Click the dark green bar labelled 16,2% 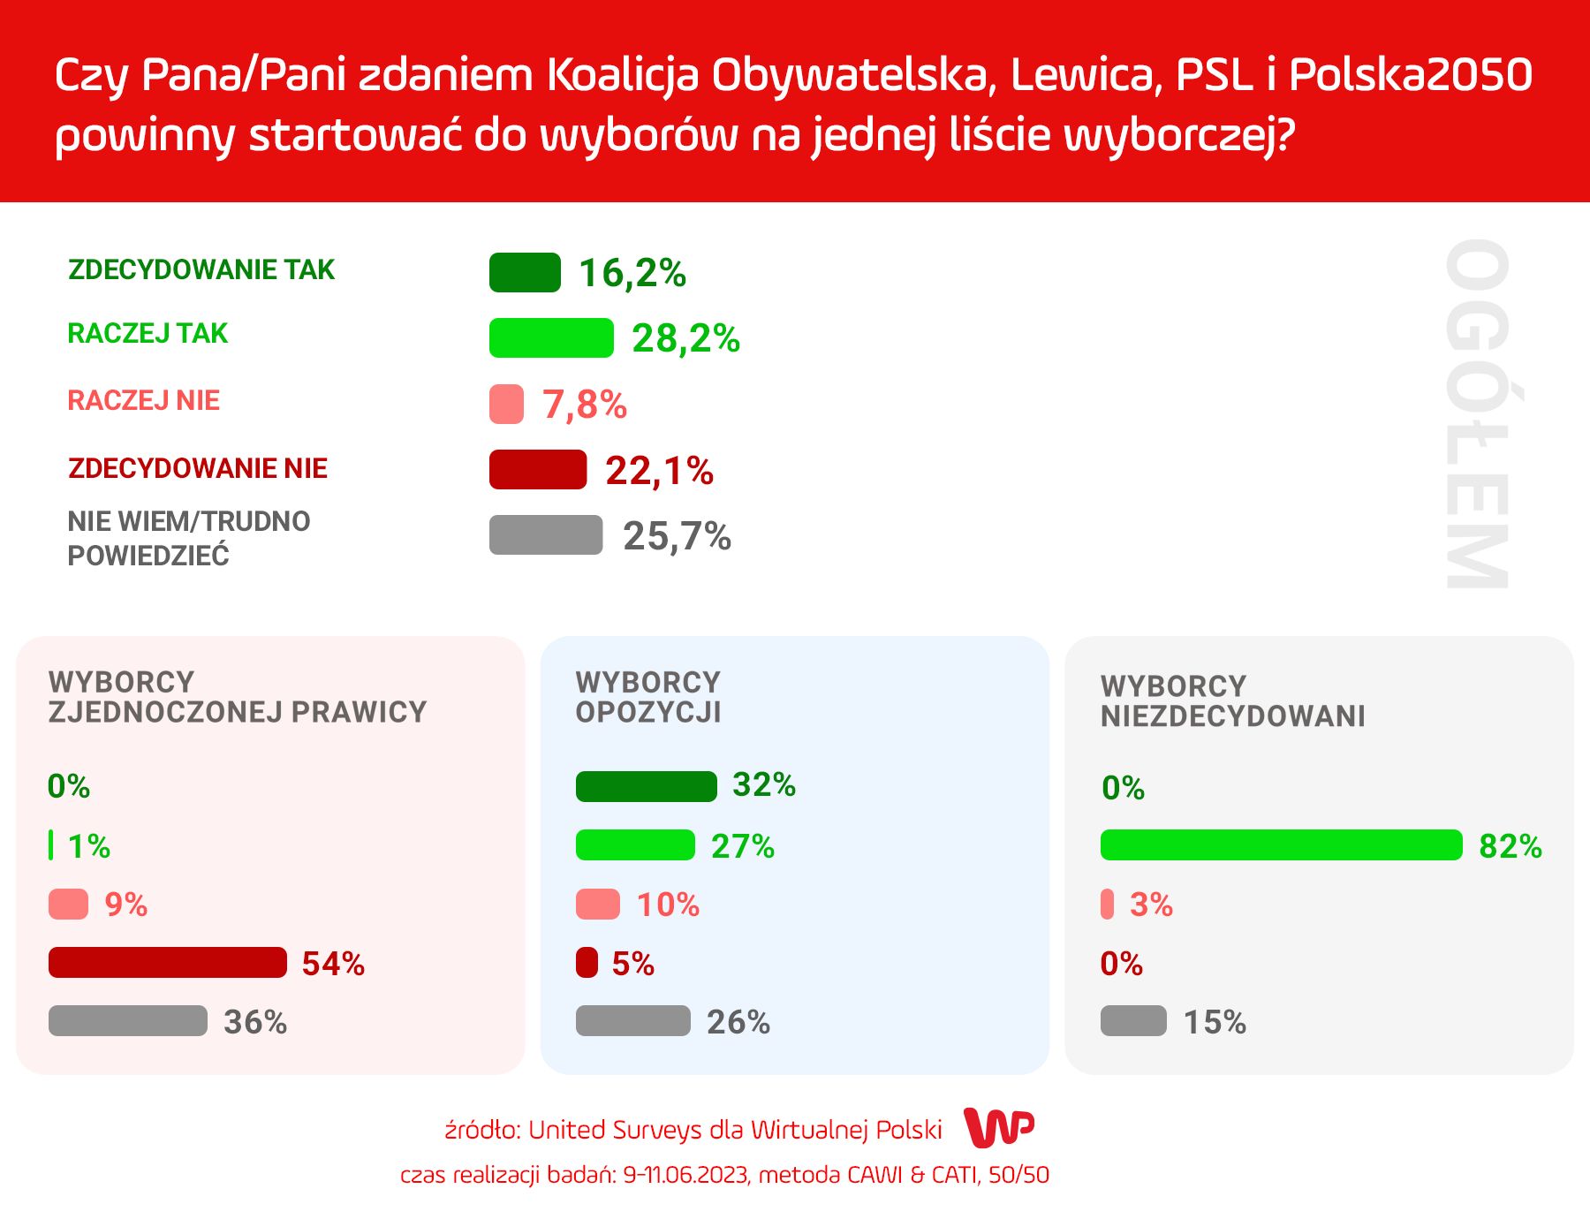525,272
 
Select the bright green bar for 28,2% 551,337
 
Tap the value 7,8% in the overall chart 585,405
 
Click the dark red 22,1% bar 537,469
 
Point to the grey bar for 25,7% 546,535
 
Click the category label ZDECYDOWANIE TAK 201,269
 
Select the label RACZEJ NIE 143,400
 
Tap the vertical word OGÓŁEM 1476,413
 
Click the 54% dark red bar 168,963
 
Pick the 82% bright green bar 1281,845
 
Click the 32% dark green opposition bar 646,786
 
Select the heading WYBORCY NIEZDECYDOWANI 1232,700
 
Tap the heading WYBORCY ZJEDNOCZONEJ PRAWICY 237,697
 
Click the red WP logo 998,1127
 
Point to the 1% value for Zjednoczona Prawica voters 88,846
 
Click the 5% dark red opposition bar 587,963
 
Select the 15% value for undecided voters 1215,1022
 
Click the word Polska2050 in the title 1411,75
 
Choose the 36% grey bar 128,1021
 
